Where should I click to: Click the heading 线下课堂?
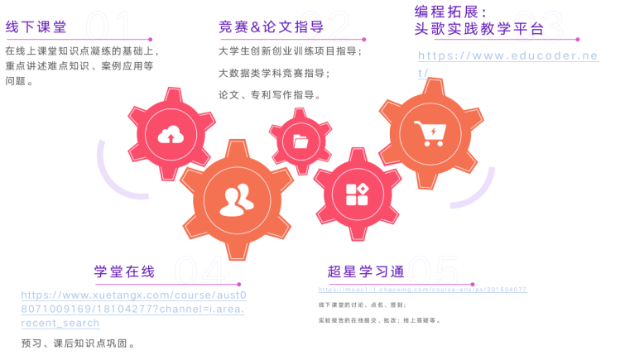click(x=36, y=27)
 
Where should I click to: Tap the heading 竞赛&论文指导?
click(x=271, y=27)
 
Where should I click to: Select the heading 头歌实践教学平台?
click(x=479, y=30)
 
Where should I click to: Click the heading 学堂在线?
click(x=124, y=271)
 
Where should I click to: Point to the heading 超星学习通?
click(x=366, y=271)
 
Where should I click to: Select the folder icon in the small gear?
click(x=301, y=142)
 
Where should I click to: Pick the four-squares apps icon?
click(x=357, y=195)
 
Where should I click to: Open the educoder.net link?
click(x=507, y=63)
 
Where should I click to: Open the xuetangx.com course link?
click(x=133, y=308)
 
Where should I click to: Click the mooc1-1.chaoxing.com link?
click(x=422, y=290)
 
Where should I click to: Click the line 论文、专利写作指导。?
click(x=270, y=95)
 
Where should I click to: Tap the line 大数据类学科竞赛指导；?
click(x=274, y=73)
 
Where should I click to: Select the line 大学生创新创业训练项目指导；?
click(x=291, y=51)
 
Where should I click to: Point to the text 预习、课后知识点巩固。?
click(x=79, y=343)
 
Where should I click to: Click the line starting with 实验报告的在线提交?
click(x=380, y=319)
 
